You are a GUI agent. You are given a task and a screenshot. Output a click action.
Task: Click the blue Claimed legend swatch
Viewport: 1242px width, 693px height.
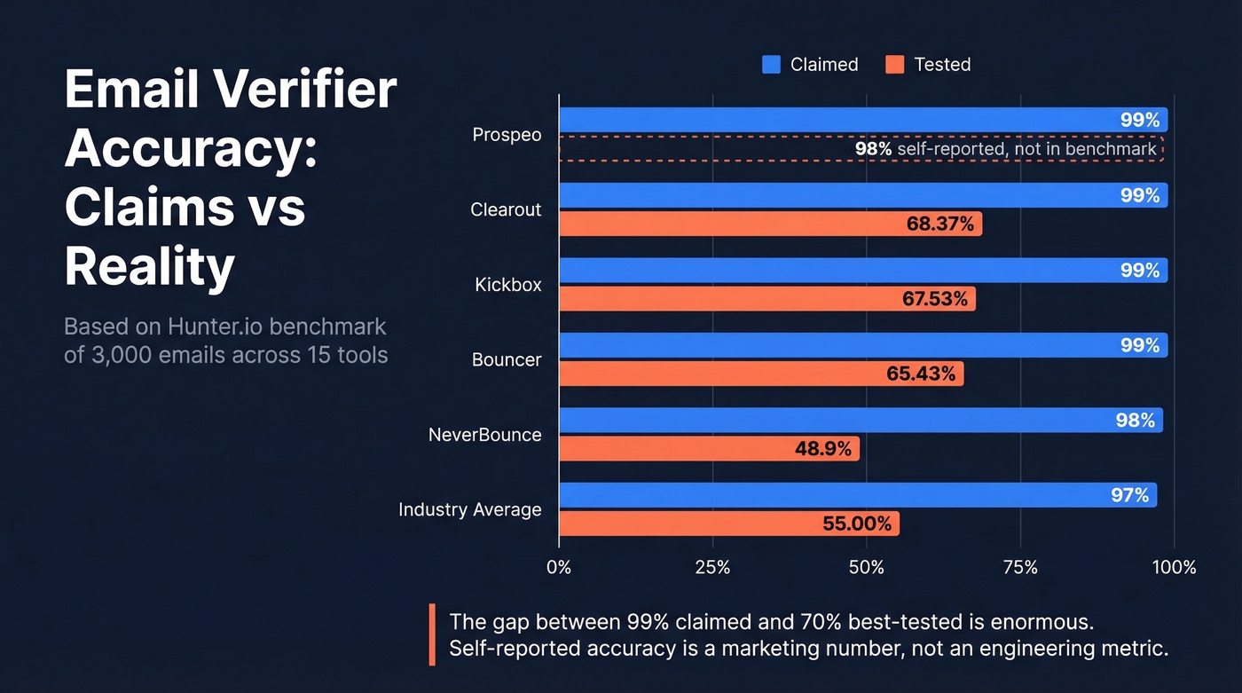tap(771, 65)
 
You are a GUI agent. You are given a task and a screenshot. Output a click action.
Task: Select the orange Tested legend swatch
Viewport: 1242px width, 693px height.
tap(894, 65)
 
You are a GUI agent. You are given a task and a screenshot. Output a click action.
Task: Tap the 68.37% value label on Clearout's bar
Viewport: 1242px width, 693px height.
tap(939, 224)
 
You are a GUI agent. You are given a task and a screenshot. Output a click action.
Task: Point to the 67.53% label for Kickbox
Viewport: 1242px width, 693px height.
tap(935, 299)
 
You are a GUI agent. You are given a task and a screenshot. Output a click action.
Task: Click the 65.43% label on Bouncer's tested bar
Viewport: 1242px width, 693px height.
tap(921, 374)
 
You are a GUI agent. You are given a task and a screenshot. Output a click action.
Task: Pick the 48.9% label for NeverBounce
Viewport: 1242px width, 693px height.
tap(822, 449)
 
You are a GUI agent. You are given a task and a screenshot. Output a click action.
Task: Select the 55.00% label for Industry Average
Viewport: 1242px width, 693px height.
tap(856, 524)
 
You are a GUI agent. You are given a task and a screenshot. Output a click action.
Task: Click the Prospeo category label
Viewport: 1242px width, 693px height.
tap(507, 135)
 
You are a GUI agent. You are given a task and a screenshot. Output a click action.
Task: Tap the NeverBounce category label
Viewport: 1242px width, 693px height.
tap(484, 435)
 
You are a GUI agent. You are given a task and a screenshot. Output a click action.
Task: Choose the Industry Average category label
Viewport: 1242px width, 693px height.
tap(469, 509)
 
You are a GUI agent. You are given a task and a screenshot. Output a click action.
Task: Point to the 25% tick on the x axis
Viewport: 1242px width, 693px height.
tap(712, 567)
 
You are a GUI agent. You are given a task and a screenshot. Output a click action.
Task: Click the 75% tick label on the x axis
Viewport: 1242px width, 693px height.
tap(1020, 567)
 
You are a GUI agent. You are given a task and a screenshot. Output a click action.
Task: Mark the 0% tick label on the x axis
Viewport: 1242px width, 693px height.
tap(559, 567)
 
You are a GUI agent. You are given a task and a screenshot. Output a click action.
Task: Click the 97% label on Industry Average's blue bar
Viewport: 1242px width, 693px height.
tap(1129, 495)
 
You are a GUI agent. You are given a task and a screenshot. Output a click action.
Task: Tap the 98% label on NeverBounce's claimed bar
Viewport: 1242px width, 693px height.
tap(1135, 421)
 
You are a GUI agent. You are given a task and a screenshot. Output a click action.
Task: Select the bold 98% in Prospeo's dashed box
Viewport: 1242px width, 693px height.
tap(873, 149)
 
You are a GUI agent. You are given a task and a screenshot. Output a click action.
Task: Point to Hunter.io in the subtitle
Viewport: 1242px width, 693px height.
tap(215, 327)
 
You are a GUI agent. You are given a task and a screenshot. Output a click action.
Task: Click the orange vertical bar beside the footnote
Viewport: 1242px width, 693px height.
tap(432, 634)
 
